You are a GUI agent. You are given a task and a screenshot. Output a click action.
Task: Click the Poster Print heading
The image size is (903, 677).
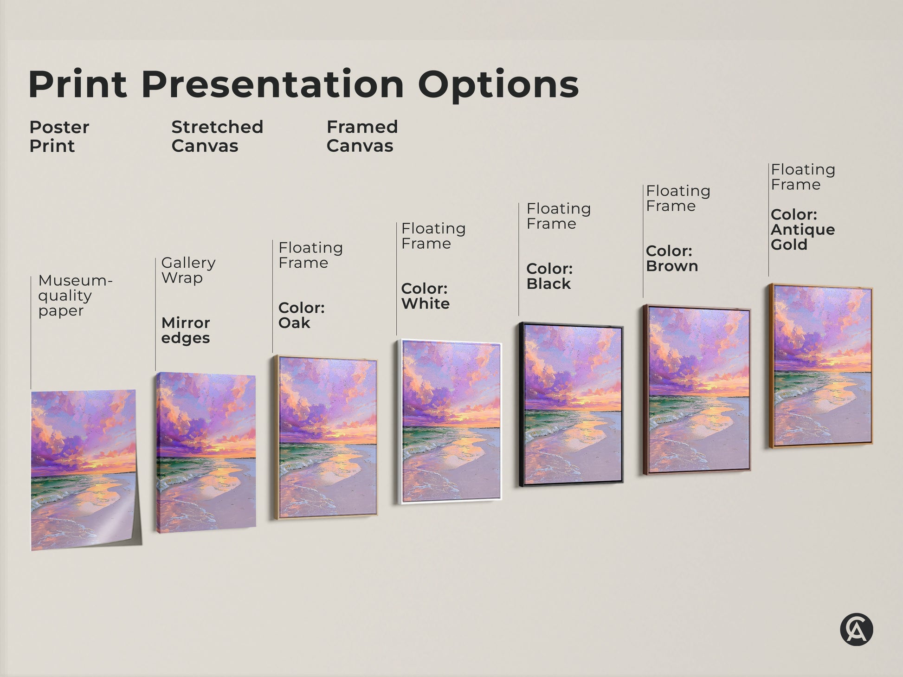pos(59,136)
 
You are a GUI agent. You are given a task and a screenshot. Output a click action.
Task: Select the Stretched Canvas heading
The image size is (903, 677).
pos(217,136)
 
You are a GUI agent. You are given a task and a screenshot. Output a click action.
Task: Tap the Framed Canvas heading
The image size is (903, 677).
pos(362,136)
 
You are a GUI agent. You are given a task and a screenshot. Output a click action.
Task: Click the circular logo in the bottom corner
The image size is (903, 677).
pos(856,630)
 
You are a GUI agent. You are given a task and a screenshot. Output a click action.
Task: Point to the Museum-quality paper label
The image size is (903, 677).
pos(75,296)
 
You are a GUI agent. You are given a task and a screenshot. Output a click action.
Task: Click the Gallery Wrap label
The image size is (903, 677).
pos(188,270)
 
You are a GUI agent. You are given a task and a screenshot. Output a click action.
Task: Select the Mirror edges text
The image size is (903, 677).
pos(186,330)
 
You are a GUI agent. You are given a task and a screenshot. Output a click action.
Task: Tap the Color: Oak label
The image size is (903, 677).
pos(301,315)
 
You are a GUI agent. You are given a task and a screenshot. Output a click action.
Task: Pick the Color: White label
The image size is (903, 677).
pos(425,296)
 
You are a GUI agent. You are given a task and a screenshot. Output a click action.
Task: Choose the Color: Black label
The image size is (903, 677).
pos(549,276)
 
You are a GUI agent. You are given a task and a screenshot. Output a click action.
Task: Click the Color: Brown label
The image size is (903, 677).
pos(671,258)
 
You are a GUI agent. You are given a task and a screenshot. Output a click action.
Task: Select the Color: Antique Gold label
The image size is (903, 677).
pos(803,230)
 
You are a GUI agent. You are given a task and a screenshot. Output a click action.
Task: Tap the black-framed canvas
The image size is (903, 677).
pos(571,404)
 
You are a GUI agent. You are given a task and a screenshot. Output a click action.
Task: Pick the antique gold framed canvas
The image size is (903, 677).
pos(820,366)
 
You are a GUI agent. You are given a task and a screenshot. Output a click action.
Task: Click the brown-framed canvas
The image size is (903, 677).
pos(697,390)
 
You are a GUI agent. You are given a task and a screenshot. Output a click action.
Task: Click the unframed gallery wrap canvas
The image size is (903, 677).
pos(206,452)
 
